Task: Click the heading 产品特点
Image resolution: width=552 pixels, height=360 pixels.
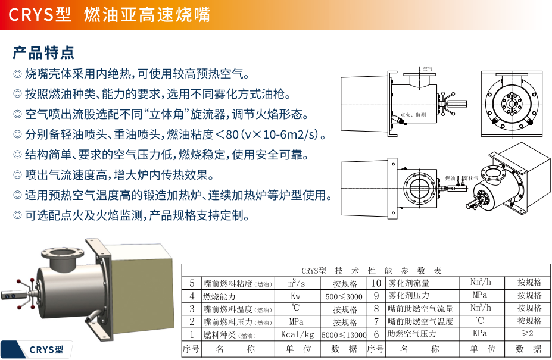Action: click(x=43, y=52)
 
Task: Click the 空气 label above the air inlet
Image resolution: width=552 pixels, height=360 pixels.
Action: click(x=427, y=69)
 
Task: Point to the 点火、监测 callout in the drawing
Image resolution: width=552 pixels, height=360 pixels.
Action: click(x=413, y=114)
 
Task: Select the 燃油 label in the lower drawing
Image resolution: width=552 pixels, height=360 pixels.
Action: click(x=450, y=178)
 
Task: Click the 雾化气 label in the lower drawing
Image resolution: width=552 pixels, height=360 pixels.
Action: click(x=471, y=178)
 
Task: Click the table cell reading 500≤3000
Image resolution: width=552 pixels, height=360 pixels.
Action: click(x=344, y=296)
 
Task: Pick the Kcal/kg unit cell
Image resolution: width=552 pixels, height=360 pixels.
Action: click(x=297, y=334)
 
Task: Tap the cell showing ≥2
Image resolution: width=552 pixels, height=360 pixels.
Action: click(x=529, y=334)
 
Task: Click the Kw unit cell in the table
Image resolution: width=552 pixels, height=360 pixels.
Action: click(x=296, y=296)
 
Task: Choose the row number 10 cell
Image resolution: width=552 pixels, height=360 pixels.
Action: click(x=376, y=283)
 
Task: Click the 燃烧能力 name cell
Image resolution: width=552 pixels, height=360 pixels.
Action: click(x=220, y=296)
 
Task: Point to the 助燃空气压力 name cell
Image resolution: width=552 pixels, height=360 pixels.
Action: click(x=411, y=334)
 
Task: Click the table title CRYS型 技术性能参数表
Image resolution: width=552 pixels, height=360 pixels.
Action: click(x=366, y=271)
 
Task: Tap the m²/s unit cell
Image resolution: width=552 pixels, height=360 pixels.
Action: click(x=296, y=283)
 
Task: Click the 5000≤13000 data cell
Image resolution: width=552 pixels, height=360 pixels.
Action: click(x=344, y=334)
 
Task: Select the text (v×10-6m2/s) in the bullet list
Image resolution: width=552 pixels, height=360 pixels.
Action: click(x=280, y=134)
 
